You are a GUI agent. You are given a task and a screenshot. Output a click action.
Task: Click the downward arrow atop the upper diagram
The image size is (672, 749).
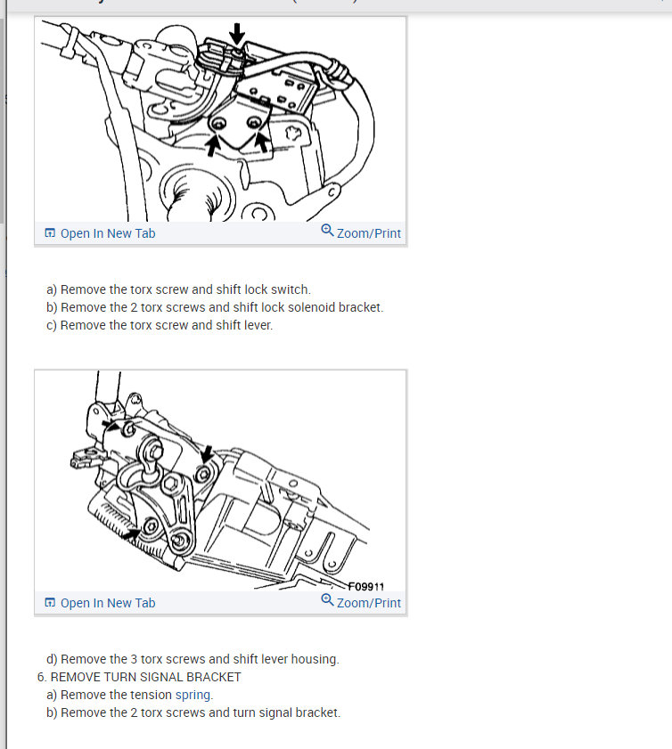pyautogui.click(x=237, y=34)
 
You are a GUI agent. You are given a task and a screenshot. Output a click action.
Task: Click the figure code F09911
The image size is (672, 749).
pyautogui.click(x=366, y=586)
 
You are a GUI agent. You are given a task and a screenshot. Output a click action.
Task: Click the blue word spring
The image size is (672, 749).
pyautogui.click(x=194, y=695)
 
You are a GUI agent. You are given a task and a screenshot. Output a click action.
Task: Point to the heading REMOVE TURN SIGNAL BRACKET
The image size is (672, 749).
pyautogui.click(x=146, y=677)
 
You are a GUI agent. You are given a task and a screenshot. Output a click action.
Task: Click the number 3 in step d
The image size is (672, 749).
pyautogui.click(x=134, y=659)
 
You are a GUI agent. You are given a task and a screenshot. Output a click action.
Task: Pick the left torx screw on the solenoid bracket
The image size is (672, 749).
pyautogui.click(x=218, y=124)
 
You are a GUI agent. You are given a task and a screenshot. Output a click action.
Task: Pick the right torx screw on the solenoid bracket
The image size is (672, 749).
pyautogui.click(x=254, y=123)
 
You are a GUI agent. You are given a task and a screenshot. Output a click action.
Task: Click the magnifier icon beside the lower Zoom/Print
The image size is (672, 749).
pyautogui.click(x=327, y=599)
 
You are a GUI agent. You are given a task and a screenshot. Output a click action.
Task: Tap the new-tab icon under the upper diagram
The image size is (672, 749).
pyautogui.click(x=50, y=232)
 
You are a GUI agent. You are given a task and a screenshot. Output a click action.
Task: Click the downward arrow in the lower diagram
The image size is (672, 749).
pyautogui.click(x=207, y=454)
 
